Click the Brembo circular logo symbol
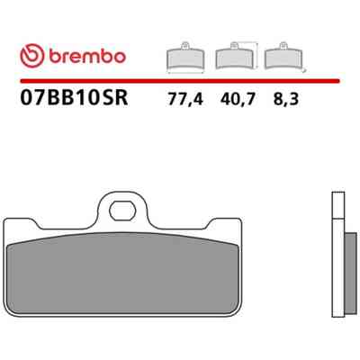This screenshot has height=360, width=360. [x=32, y=56]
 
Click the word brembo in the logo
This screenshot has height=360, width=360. [x=87, y=56]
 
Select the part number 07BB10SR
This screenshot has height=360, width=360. [x=74, y=97]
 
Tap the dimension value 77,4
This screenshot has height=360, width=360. [x=185, y=99]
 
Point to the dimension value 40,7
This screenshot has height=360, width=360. [x=238, y=99]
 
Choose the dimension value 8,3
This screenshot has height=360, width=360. [x=286, y=99]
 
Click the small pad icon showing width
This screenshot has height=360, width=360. [x=185, y=58]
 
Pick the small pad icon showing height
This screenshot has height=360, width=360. [x=235, y=56]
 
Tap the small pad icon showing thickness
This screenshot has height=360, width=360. [x=283, y=56]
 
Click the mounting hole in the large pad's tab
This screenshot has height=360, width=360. [x=122, y=211]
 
